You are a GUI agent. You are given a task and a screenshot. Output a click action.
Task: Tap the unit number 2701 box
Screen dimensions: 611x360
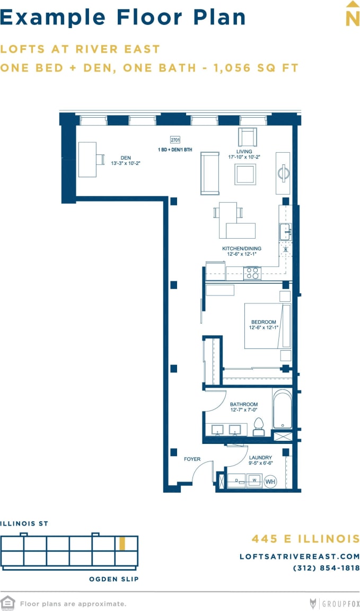tap(175, 140)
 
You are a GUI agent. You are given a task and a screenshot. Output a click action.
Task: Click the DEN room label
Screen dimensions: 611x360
tap(126, 158)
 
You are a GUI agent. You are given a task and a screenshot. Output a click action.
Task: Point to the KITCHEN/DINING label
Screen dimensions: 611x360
tap(242, 248)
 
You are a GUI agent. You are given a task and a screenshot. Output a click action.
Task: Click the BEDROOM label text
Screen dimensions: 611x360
tap(264, 322)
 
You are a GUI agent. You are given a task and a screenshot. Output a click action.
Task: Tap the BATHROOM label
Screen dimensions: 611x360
tap(243, 404)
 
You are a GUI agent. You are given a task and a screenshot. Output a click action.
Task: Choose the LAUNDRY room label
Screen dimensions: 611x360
tap(260, 457)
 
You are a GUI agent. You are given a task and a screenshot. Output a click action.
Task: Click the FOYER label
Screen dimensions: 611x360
tap(191, 459)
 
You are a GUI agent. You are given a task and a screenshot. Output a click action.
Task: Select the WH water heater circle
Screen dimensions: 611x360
tap(270, 482)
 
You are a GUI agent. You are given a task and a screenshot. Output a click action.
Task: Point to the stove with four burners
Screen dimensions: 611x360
tap(252, 273)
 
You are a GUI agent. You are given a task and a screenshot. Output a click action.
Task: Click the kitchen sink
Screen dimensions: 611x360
tap(285, 231)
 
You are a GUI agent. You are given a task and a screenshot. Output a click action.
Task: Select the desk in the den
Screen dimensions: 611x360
tap(87, 159)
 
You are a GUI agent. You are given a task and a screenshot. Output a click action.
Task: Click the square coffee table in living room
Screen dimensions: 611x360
tap(245, 174)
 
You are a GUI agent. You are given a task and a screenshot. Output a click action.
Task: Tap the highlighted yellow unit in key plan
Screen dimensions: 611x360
tap(122, 543)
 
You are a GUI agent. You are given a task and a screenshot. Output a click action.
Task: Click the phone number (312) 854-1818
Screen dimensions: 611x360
tap(326, 568)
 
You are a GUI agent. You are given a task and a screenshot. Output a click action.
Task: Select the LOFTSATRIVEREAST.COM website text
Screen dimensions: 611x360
tap(300, 556)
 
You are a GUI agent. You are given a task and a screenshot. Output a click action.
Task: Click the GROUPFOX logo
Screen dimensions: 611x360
tap(335, 603)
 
